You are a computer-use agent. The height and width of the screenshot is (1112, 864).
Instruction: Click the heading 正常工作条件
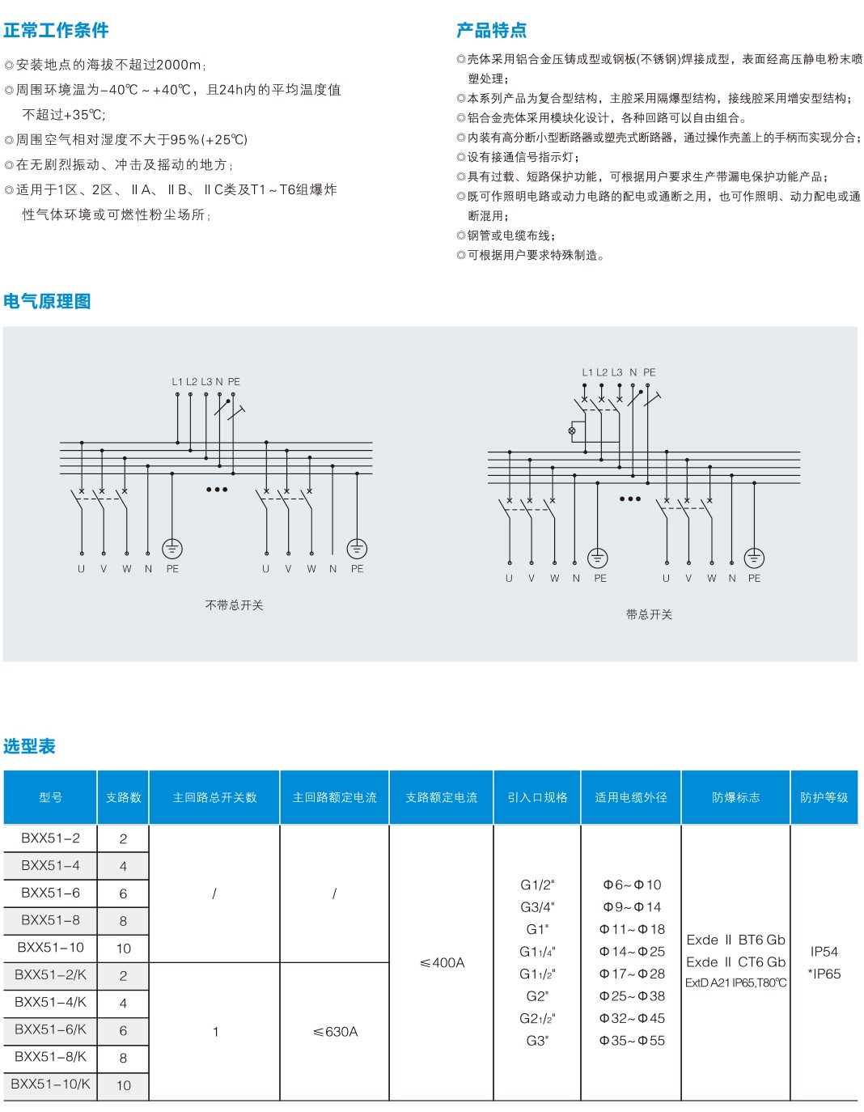click(x=56, y=31)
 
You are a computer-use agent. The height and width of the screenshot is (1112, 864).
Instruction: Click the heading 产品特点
click(x=491, y=31)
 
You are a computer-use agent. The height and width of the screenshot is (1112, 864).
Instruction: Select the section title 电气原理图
click(x=47, y=302)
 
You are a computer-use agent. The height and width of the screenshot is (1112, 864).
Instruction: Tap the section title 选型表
click(x=29, y=746)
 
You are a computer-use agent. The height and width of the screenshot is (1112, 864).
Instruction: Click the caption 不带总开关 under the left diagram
click(x=234, y=605)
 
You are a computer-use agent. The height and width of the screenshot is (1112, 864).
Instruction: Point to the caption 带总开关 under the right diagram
click(x=649, y=615)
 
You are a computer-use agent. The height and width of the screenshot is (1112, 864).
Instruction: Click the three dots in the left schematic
click(x=217, y=490)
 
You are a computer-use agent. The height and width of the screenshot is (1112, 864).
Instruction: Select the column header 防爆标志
click(x=735, y=798)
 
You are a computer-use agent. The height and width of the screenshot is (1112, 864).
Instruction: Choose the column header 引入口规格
click(x=537, y=798)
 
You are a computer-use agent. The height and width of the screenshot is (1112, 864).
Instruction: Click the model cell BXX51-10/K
click(x=51, y=1084)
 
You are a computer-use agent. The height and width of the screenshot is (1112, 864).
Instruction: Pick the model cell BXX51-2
click(x=51, y=838)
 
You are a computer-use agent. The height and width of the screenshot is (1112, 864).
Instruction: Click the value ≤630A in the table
click(x=335, y=1032)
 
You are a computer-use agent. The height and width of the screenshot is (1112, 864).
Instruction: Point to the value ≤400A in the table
click(x=442, y=963)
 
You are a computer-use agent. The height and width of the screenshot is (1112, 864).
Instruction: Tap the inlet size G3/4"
click(x=537, y=907)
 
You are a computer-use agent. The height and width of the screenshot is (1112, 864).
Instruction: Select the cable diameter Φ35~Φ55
click(x=632, y=1041)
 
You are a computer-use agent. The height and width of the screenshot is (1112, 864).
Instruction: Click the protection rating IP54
click(x=824, y=952)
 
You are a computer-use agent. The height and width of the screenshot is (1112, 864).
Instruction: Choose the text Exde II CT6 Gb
click(x=735, y=962)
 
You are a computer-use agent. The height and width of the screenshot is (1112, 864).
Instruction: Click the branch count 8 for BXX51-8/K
click(x=123, y=1058)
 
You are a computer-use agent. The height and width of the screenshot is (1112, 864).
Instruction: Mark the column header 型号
click(x=50, y=798)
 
